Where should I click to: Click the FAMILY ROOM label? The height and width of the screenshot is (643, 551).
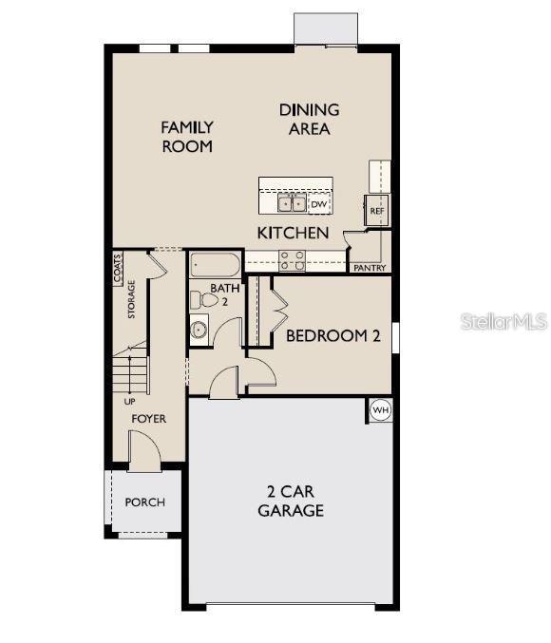click(x=186, y=137)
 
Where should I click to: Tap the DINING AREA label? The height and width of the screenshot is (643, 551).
click(x=309, y=120)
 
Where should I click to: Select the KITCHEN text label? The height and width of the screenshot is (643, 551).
click(x=294, y=233)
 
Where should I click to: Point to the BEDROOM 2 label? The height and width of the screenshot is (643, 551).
click(x=332, y=335)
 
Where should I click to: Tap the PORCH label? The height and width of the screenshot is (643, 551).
click(x=144, y=502)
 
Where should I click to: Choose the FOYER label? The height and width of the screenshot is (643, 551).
click(x=148, y=418)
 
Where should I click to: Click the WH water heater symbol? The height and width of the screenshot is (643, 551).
click(x=380, y=410)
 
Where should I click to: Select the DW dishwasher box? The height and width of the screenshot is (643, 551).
click(x=319, y=204)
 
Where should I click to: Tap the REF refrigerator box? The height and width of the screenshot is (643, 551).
click(x=376, y=210)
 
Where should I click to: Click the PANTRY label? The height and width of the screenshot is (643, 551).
click(x=370, y=268)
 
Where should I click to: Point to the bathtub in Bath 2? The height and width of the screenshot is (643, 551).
click(x=217, y=263)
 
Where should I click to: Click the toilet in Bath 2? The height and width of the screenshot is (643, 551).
click(x=199, y=299)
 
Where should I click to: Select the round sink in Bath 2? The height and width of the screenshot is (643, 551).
click(x=199, y=330)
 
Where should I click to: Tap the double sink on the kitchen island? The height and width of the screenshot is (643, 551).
click(x=292, y=203)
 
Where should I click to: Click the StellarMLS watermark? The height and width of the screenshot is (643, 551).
click(x=504, y=323)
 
